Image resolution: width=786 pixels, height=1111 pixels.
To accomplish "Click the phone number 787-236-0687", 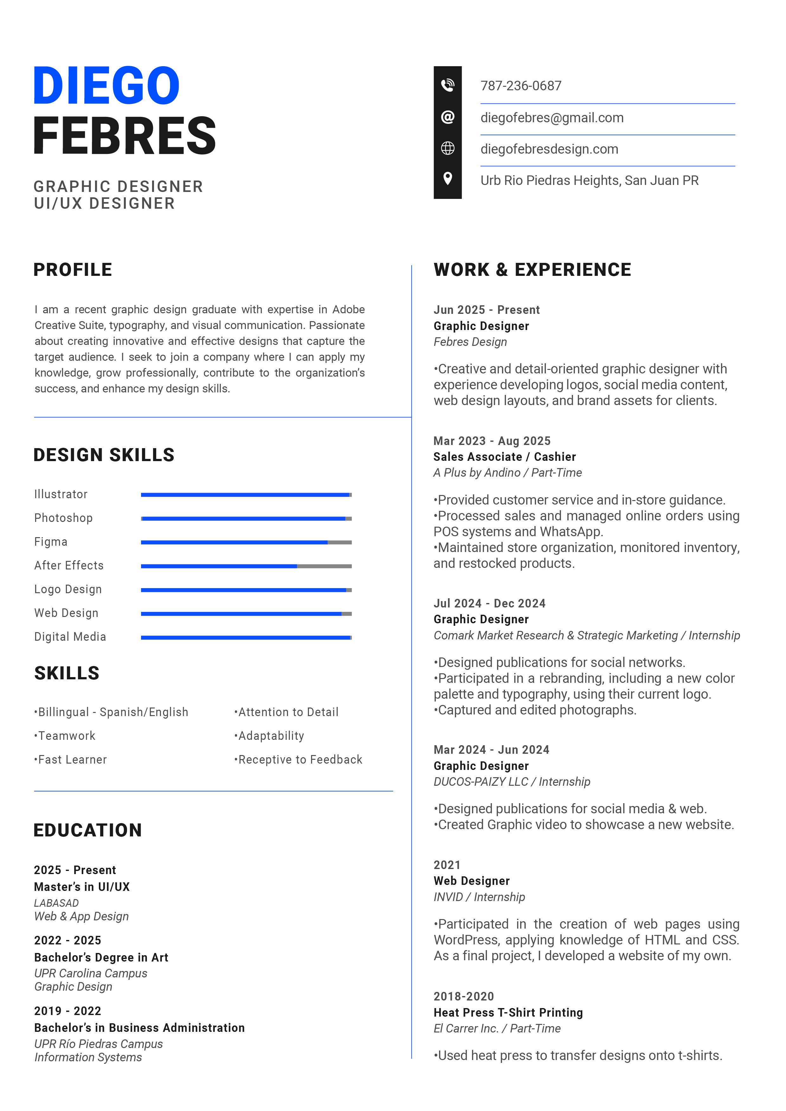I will click(521, 86).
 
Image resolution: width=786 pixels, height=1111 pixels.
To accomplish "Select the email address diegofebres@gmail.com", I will click(552, 118).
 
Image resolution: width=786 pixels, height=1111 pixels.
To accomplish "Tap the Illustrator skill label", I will click(61, 494).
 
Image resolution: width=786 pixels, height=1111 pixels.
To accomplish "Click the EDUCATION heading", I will click(88, 830).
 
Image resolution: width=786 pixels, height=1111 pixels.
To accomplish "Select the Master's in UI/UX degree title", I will click(82, 887).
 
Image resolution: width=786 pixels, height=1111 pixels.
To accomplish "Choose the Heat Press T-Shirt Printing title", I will click(508, 1013).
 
